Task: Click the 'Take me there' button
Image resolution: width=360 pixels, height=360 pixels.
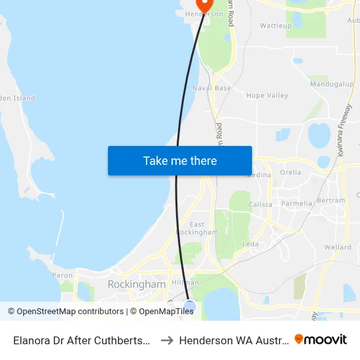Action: (180, 161)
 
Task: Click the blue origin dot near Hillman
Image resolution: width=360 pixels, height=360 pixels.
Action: (190, 306)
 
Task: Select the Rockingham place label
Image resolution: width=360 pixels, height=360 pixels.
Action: (136, 285)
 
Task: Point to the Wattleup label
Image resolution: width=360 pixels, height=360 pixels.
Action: (276, 26)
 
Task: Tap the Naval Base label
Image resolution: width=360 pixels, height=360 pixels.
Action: (211, 88)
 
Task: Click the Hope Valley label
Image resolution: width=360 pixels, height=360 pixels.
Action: (267, 96)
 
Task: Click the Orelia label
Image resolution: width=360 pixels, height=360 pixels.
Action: (291, 173)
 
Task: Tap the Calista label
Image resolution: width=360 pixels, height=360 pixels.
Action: (260, 204)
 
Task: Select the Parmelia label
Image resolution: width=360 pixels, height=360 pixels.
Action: (297, 204)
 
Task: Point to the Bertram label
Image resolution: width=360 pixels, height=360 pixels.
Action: (331, 200)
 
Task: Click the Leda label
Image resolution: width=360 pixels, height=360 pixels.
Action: (250, 244)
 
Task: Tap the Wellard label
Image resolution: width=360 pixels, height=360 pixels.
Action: (338, 247)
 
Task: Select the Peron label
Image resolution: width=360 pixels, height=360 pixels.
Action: (63, 276)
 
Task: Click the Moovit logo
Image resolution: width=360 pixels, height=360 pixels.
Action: (321, 340)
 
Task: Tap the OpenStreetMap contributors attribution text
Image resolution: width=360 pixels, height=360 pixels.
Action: (67, 312)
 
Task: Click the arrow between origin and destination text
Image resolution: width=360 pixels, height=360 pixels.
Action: (166, 340)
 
